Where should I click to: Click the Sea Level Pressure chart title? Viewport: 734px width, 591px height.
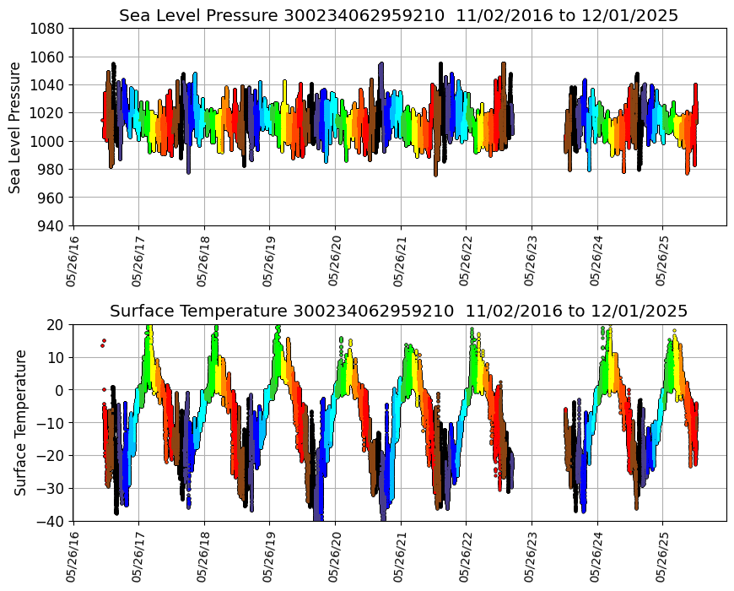398,16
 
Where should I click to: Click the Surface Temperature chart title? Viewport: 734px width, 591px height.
398,311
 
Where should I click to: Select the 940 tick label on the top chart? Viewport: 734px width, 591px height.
53,225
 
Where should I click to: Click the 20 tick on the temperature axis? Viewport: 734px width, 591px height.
58,325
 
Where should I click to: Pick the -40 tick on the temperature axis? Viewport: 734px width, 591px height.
53,522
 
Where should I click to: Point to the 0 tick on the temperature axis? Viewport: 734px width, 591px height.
62,390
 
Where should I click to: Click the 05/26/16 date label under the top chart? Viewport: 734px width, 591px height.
73,258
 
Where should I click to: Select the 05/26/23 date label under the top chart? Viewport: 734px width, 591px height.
532,258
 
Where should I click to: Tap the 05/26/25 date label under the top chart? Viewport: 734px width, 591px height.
663,258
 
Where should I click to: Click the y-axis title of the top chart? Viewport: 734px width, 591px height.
15,127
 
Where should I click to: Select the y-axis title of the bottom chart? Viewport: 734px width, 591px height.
20,422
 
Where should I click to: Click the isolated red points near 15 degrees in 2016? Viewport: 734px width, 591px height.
103,343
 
